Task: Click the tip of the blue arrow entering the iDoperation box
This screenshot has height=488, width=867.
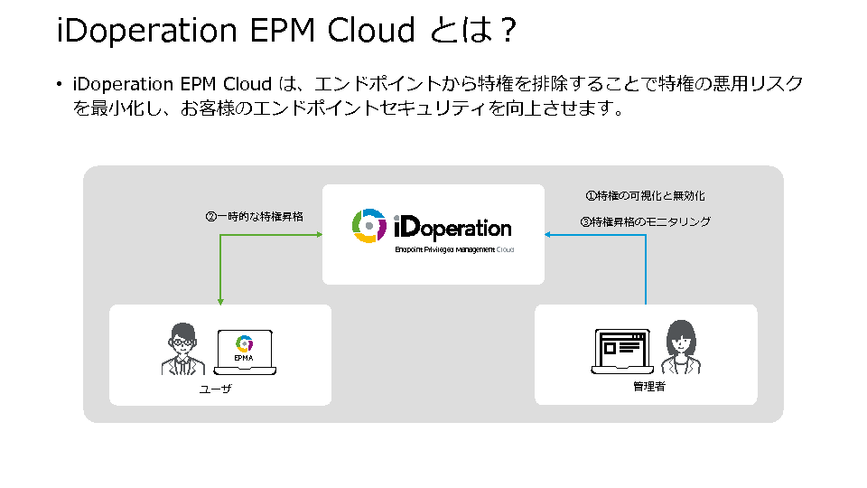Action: click(x=545, y=235)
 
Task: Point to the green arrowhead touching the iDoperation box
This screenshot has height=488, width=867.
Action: click(x=319, y=235)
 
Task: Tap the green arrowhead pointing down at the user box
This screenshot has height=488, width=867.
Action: click(x=220, y=302)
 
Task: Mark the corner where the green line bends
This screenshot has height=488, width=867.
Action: click(x=220, y=235)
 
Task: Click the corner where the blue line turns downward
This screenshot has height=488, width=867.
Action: click(x=646, y=235)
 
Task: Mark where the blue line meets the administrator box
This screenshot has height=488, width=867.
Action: click(x=646, y=305)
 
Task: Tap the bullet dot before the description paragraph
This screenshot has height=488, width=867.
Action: click(x=60, y=84)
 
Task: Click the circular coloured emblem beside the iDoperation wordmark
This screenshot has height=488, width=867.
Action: click(x=368, y=226)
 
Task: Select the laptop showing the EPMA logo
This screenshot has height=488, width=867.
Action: click(x=245, y=352)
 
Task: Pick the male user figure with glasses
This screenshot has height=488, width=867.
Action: click(x=183, y=349)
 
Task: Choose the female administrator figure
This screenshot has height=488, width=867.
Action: click(x=681, y=347)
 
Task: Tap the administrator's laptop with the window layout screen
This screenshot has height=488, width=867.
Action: click(x=622, y=351)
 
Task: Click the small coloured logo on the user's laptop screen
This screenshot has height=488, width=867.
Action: click(x=244, y=343)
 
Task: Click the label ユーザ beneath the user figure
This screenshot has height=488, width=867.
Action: click(x=215, y=389)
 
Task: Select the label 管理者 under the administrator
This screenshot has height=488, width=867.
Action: click(x=649, y=386)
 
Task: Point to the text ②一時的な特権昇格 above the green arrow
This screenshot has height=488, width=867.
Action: click(x=255, y=216)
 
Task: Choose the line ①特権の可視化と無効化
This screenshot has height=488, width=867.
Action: click(x=645, y=196)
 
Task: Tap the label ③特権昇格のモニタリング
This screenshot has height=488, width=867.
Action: click(x=645, y=221)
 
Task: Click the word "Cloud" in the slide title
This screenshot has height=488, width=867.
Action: click(x=371, y=30)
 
